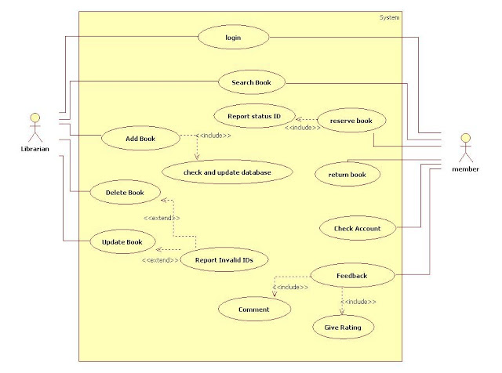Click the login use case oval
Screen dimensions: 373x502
tap(232, 37)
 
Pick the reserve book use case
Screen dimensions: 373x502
tap(351, 121)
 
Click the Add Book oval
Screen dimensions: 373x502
tap(140, 139)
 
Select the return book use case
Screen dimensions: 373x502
tap(347, 175)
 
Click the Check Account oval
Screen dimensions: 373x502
tap(356, 229)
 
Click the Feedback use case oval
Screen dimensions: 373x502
tap(351, 276)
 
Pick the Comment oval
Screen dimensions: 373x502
tap(253, 310)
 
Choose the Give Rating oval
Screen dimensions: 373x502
tap(342, 327)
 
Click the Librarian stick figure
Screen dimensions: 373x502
tap(34, 129)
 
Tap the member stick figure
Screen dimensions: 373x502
tap(464, 148)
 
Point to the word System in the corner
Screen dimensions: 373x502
tap(389, 17)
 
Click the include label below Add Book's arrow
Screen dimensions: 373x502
tap(214, 135)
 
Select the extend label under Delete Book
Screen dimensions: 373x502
tap(161, 218)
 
